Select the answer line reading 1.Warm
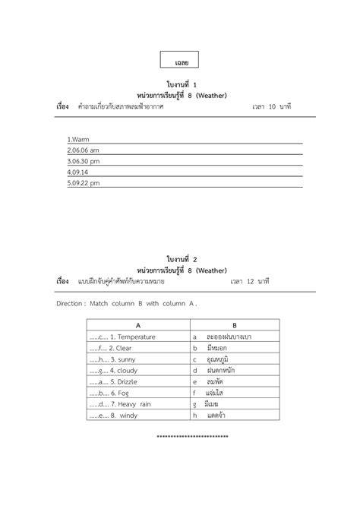(79, 140)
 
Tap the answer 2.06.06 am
(84, 150)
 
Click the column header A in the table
(137, 324)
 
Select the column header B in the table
(234, 324)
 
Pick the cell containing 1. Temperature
(122, 336)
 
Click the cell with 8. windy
(113, 416)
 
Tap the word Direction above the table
(71, 302)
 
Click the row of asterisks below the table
(192, 437)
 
